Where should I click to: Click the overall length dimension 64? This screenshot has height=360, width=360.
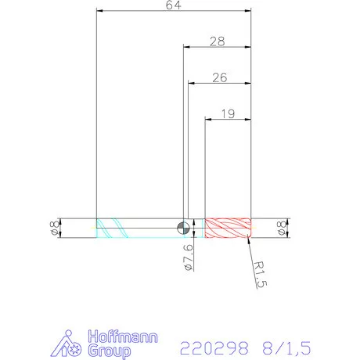173,6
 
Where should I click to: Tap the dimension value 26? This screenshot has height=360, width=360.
219,77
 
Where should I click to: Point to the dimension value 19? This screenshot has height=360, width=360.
228,113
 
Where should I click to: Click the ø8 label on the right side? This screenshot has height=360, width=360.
280,228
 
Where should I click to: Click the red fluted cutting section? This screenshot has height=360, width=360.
227,228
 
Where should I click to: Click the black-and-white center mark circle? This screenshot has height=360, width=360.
182,228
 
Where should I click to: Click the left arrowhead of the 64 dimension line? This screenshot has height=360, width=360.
99,11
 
